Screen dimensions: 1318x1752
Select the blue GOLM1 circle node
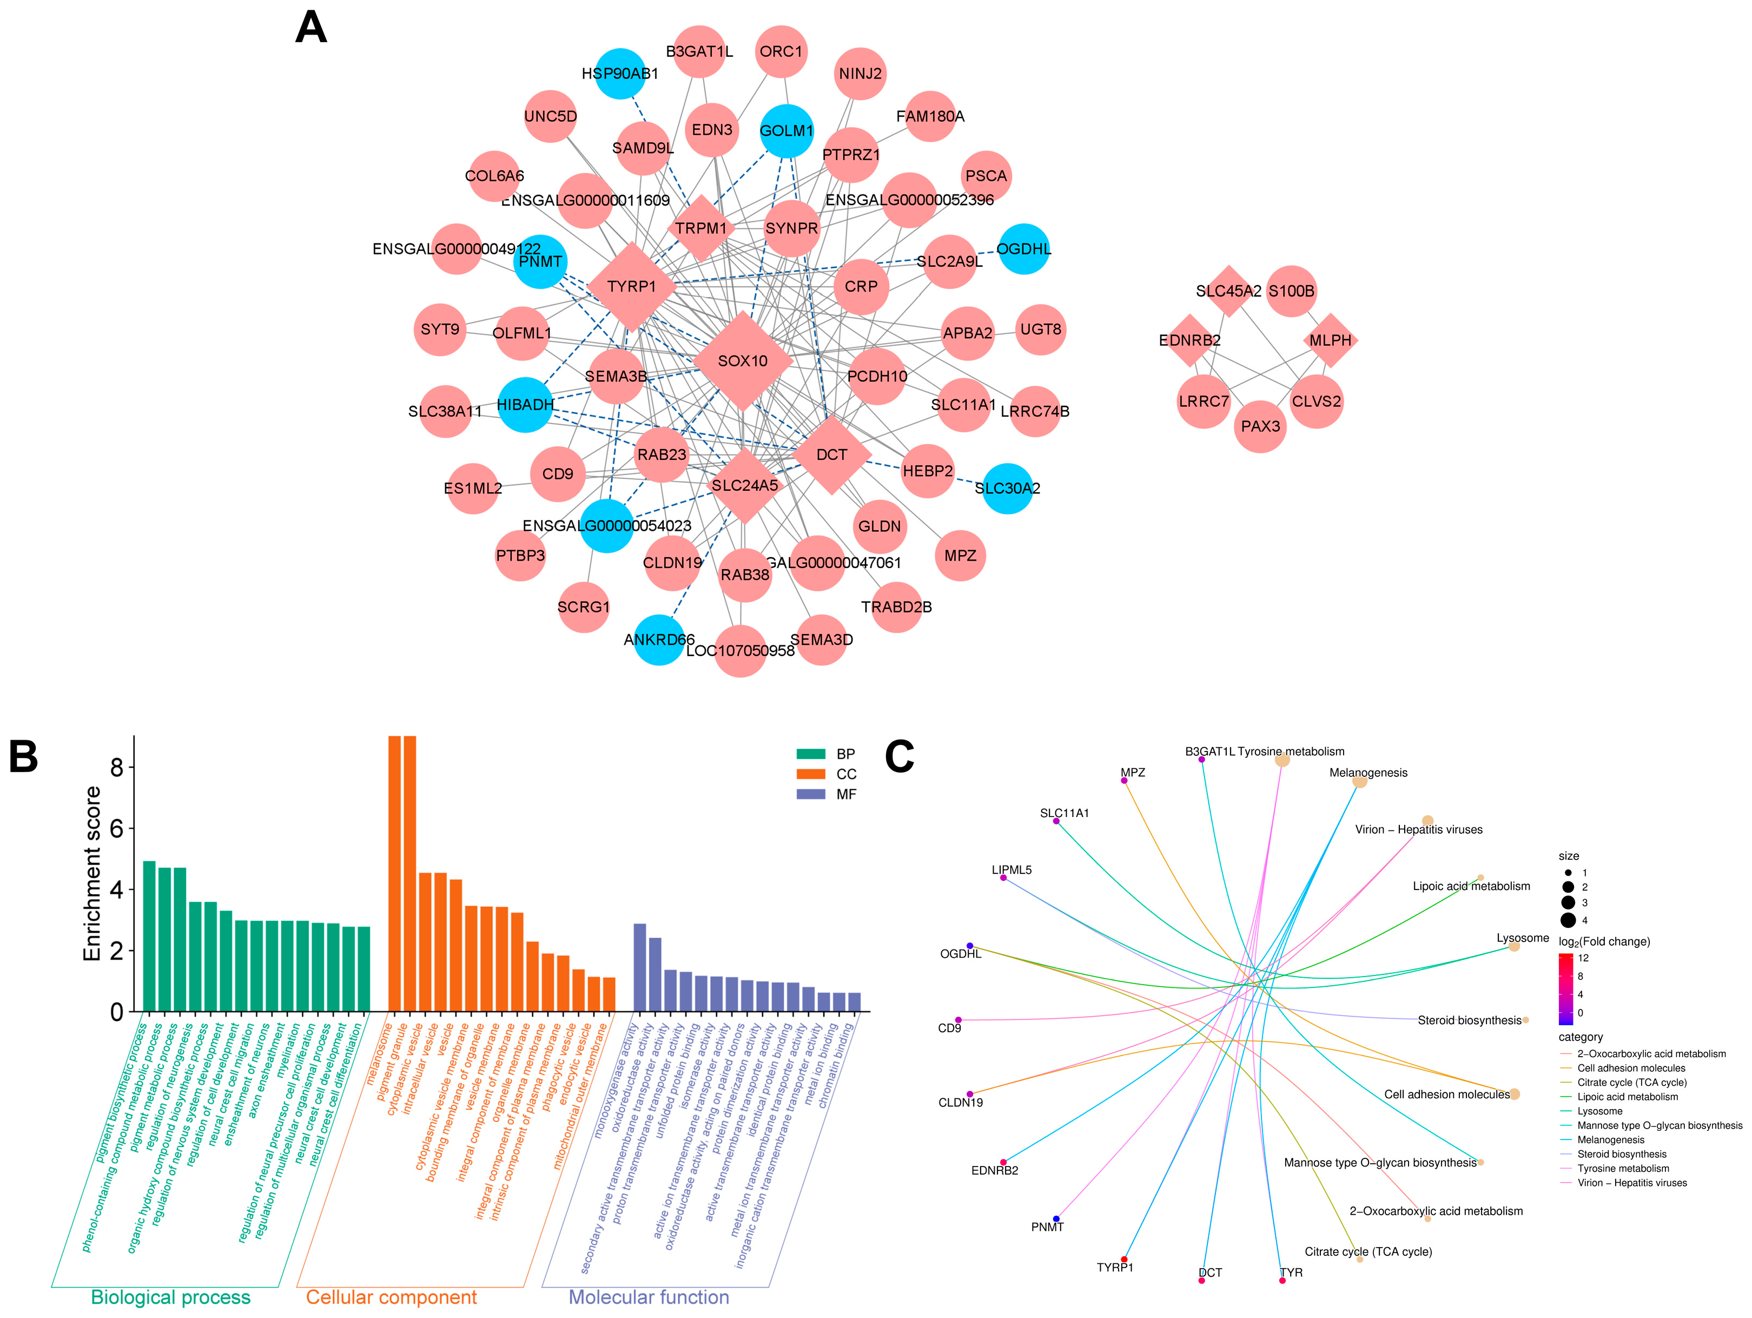(786, 131)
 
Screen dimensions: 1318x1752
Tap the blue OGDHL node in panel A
(1023, 249)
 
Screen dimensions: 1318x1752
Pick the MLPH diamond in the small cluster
(1330, 340)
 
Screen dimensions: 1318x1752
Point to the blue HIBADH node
(525, 405)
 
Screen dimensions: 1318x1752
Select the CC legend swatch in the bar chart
(810, 774)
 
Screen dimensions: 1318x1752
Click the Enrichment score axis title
(92, 874)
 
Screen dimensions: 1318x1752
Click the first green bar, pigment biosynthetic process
(149, 935)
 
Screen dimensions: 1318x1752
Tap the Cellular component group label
(391, 1296)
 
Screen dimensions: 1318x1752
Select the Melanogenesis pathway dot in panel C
(1359, 782)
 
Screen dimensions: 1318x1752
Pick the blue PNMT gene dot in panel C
(1056, 1218)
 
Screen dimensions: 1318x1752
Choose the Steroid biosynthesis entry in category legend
(1621, 1154)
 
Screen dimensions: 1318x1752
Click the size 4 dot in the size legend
(1568, 920)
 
